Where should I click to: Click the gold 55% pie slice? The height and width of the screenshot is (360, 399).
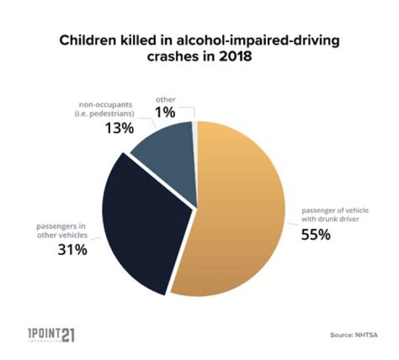[238, 216]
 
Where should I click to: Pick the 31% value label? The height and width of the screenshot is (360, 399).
[72, 249]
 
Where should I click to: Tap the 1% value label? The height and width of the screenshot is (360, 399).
[166, 112]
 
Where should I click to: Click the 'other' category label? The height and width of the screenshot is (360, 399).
[166, 100]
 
